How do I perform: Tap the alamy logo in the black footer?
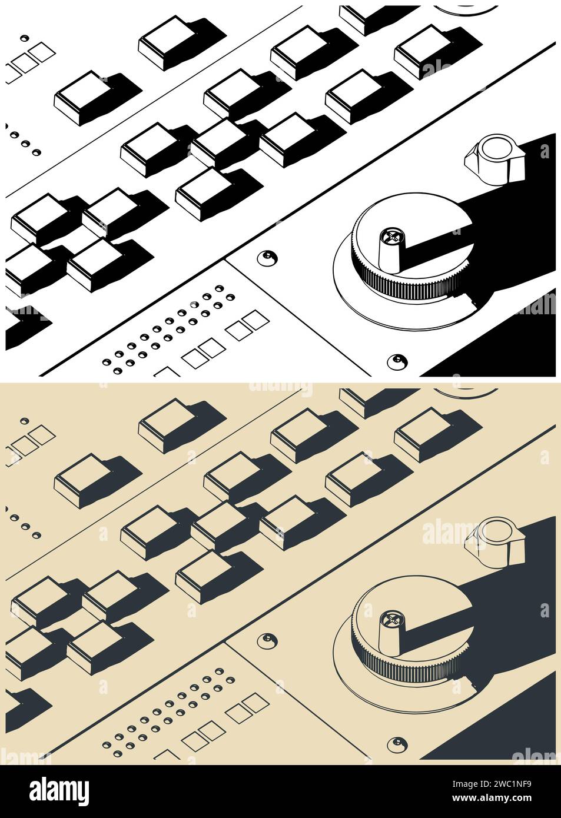point(59,792)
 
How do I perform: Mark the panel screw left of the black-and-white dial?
point(268,257)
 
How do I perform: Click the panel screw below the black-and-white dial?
point(398,360)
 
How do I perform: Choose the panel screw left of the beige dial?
point(268,640)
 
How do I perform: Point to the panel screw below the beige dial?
point(398,742)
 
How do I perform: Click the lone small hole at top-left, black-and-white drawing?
point(24,38)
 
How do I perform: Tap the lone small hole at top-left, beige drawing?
point(24,421)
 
